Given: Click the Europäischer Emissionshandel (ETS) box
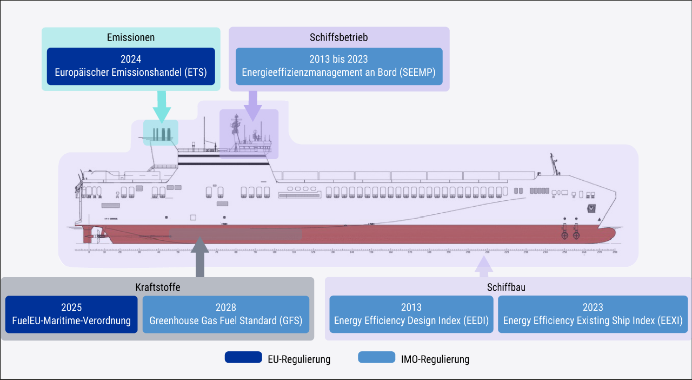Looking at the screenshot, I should coord(131,66).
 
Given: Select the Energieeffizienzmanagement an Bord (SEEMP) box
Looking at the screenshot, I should coord(339,66).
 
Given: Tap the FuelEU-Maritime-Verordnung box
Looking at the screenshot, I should coord(71,314).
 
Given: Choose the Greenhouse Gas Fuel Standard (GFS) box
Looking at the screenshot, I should coord(226,314).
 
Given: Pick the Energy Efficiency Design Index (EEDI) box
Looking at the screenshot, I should coord(411,314).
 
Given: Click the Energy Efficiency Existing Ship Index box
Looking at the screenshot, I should coord(593,314).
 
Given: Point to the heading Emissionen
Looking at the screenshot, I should coord(131,37).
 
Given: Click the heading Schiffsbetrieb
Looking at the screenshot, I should coord(339,37).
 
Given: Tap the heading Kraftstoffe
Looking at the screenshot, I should coord(157,287).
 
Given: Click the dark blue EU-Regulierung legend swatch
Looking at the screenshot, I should coord(243,358).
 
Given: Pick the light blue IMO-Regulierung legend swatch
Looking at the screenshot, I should coord(377,358).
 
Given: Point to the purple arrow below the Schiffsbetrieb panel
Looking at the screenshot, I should coord(252,106).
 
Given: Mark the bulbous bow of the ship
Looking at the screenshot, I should coord(608,234).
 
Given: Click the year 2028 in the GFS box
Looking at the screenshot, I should coord(226,307).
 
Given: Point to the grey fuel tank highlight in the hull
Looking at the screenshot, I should coord(236,234).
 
